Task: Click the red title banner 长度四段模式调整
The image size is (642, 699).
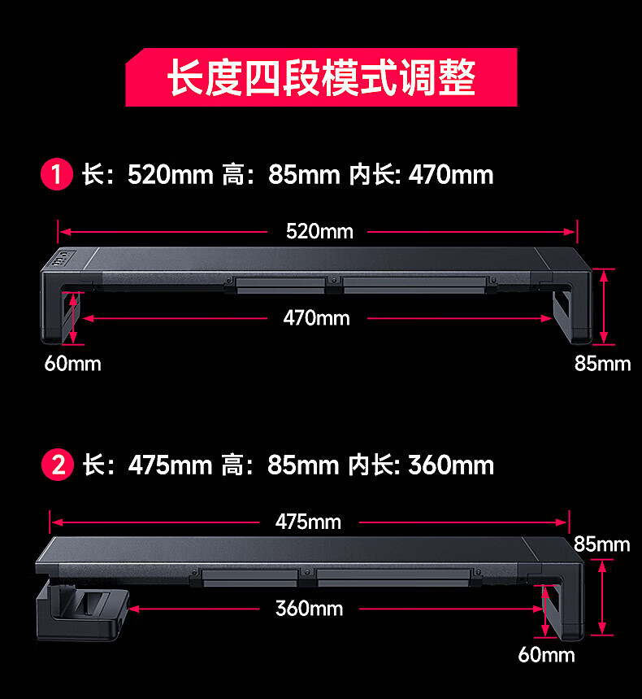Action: pyautogui.click(x=321, y=77)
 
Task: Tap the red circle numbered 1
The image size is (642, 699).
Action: pyautogui.click(x=57, y=175)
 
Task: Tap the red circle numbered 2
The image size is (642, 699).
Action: pyautogui.click(x=57, y=465)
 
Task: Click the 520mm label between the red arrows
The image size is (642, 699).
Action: pyautogui.click(x=319, y=231)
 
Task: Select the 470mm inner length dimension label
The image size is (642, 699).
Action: pyautogui.click(x=317, y=317)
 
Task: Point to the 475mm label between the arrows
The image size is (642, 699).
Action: pyautogui.click(x=308, y=522)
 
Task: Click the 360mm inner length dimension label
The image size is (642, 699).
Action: pyautogui.click(x=309, y=608)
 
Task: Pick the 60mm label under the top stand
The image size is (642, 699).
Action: pyautogui.click(x=72, y=363)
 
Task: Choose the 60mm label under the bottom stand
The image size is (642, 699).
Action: pyautogui.click(x=546, y=654)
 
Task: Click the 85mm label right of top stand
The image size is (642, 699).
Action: pyautogui.click(x=602, y=363)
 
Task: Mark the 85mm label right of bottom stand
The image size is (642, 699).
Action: pyautogui.click(x=601, y=544)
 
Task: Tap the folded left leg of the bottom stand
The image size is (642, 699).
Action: pyautogui.click(x=81, y=606)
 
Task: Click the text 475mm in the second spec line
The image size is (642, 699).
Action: pyautogui.click(x=169, y=465)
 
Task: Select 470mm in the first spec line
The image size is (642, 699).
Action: pyautogui.click(x=450, y=175)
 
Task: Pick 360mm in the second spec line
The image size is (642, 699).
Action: pyautogui.click(x=450, y=465)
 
